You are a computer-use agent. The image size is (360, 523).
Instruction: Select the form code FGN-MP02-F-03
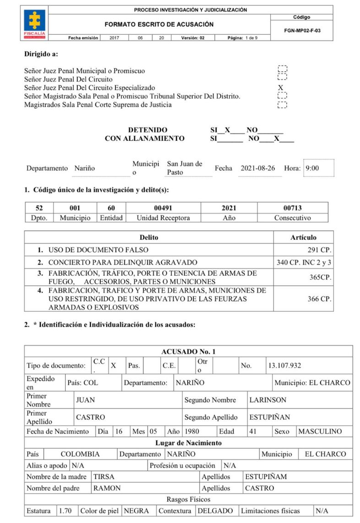(x=301, y=31)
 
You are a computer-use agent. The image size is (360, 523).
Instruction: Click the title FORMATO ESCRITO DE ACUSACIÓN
(x=159, y=24)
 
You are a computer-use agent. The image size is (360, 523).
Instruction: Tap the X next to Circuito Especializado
(x=281, y=88)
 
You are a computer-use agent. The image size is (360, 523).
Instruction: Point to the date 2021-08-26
(x=257, y=168)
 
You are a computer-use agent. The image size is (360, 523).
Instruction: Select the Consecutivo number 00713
(x=292, y=208)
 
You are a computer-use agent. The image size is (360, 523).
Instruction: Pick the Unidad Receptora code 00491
(x=163, y=208)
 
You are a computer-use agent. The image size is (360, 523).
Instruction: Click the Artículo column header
(x=303, y=237)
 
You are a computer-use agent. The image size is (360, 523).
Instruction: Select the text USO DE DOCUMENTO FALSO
(x=98, y=250)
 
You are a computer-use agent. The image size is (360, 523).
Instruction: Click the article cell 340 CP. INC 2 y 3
(x=304, y=263)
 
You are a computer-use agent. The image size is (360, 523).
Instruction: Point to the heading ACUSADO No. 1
(x=188, y=352)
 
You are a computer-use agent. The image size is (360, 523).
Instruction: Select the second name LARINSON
(x=267, y=400)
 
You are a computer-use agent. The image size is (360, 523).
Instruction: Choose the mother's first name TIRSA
(x=104, y=477)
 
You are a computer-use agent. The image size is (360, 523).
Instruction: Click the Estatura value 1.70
(x=65, y=511)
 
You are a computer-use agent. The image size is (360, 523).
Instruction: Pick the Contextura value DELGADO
(x=215, y=511)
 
